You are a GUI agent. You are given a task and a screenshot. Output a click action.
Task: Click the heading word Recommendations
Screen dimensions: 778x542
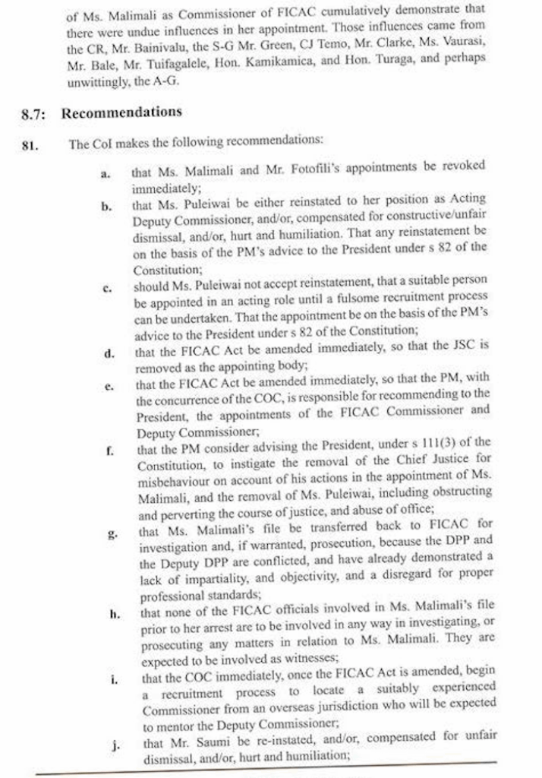121,112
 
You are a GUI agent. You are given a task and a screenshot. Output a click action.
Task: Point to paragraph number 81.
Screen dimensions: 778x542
31,142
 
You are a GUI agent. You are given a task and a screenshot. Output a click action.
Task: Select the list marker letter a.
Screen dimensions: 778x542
105,174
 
